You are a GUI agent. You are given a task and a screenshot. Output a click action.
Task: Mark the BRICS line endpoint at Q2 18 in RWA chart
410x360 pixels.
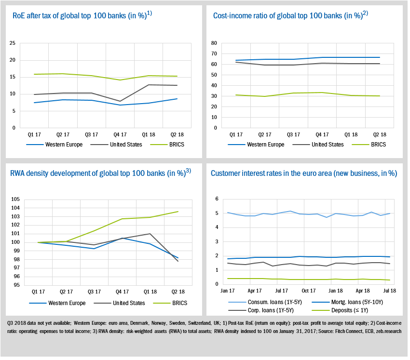[178, 212]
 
